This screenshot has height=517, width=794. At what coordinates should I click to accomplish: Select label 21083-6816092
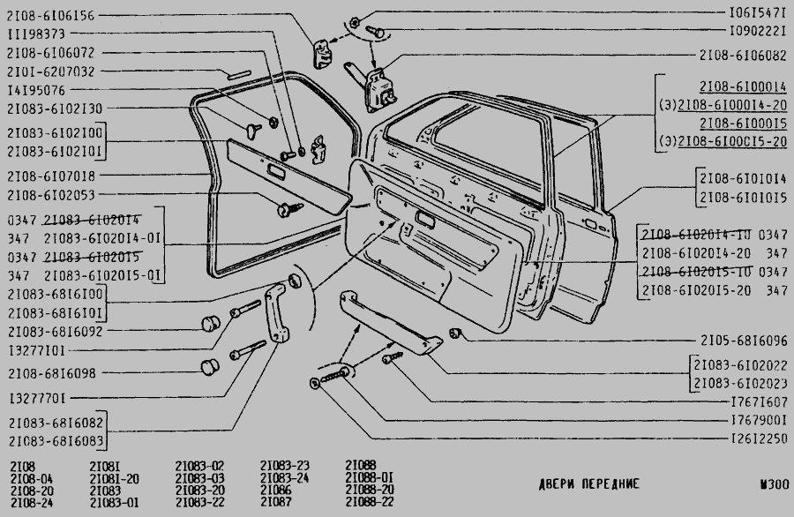tap(52, 332)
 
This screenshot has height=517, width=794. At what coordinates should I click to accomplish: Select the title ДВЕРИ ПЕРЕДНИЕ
tap(588, 484)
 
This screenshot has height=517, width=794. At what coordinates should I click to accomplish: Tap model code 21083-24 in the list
tap(284, 476)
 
